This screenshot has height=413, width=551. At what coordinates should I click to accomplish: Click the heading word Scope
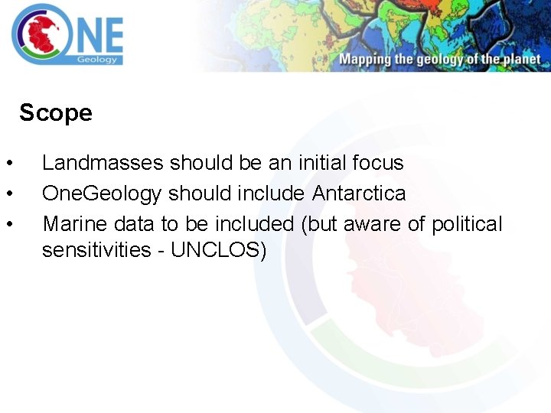point(56,113)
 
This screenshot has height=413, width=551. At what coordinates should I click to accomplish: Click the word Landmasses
point(103,163)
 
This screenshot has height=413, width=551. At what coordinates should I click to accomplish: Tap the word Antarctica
point(359,193)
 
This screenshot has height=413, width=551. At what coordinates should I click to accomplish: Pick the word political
point(467,224)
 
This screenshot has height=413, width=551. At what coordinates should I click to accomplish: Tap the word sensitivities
point(96,250)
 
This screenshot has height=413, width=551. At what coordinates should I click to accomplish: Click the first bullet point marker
point(8,164)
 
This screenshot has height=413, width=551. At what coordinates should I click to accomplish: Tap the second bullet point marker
point(8,194)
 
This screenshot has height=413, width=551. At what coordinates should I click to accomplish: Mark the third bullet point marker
point(8,225)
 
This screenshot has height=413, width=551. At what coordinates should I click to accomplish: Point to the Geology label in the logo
point(97,59)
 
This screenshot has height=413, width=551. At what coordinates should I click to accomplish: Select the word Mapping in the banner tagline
point(366,60)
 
